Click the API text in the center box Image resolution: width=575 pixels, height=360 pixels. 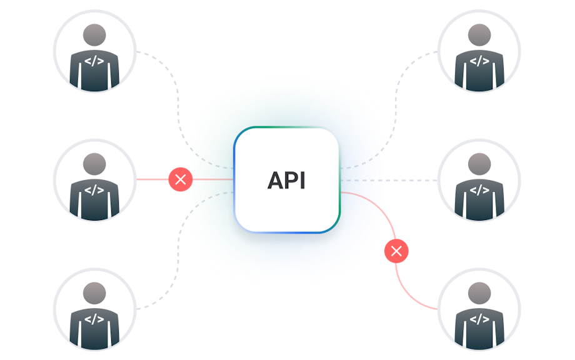point(287,180)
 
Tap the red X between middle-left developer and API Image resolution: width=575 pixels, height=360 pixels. point(181,180)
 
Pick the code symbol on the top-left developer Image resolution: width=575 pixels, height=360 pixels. point(94,61)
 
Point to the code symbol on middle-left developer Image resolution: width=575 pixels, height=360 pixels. point(94,190)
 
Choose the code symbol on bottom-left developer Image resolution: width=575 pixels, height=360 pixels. point(94,319)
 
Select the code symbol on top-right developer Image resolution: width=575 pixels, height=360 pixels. point(479,61)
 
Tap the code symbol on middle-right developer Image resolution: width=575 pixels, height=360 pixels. point(479,190)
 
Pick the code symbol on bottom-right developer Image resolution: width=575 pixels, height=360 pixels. point(479,319)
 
